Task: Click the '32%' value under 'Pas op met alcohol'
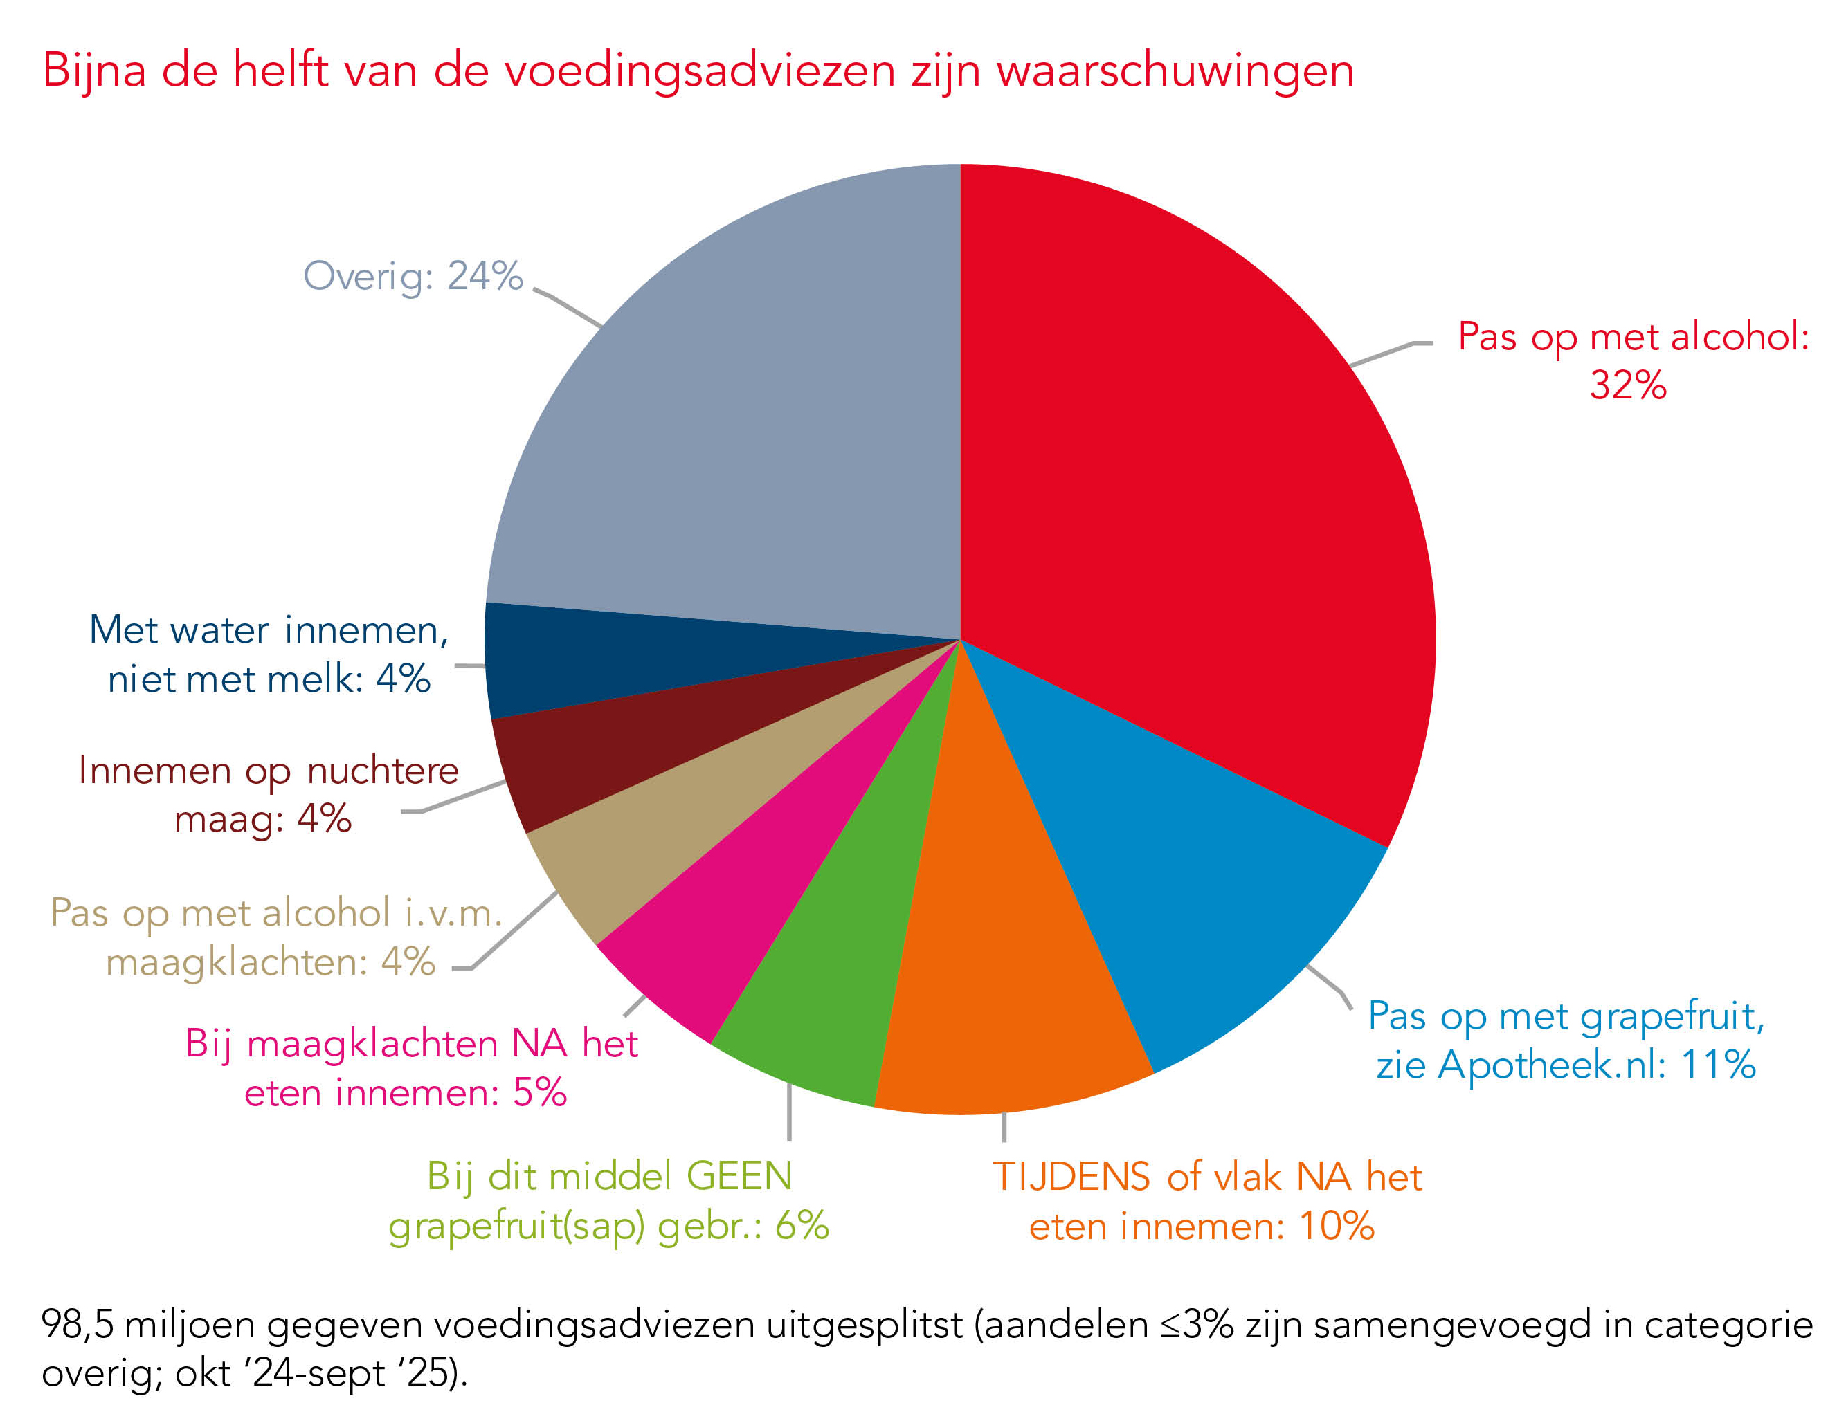coord(1627,385)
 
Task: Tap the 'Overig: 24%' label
coord(413,276)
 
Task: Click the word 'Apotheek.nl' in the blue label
coord(1551,1065)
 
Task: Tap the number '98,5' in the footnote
coord(76,1324)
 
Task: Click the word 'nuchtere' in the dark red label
coord(382,771)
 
